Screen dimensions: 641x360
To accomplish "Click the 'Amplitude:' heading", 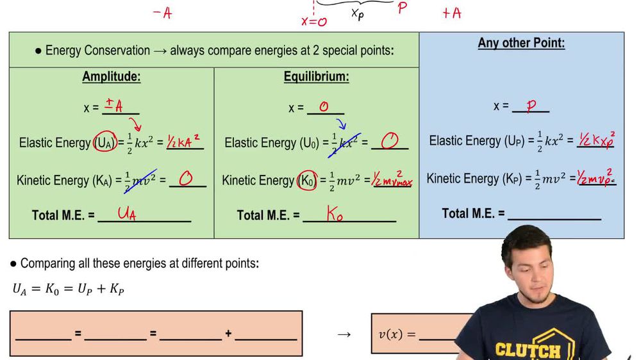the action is click(111, 77).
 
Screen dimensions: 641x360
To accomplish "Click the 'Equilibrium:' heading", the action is click(316, 77).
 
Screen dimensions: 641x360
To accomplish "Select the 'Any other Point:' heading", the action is click(521, 44).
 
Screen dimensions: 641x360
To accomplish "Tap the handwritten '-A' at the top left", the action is click(162, 13).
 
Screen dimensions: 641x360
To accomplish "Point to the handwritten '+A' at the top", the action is click(451, 13).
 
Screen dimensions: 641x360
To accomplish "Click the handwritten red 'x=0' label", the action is click(314, 21).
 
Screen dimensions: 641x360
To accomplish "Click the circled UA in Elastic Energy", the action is click(105, 142).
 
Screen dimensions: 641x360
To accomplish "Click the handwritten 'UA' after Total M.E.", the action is click(126, 214).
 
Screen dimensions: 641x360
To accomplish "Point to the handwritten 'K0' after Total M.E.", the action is click(335, 215).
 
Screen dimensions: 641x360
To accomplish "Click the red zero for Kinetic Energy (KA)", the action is click(185, 179).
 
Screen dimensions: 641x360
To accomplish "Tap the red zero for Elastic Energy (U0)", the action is click(389, 141).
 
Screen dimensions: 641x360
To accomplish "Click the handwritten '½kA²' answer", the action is click(184, 142).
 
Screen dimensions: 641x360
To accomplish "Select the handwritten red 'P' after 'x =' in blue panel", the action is click(531, 106).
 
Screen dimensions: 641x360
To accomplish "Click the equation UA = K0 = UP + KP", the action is click(68, 289).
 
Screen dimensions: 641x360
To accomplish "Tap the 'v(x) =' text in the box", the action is click(397, 334).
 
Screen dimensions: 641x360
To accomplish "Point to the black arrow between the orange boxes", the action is click(344, 334).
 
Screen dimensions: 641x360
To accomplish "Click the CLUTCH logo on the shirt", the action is click(527, 350).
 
